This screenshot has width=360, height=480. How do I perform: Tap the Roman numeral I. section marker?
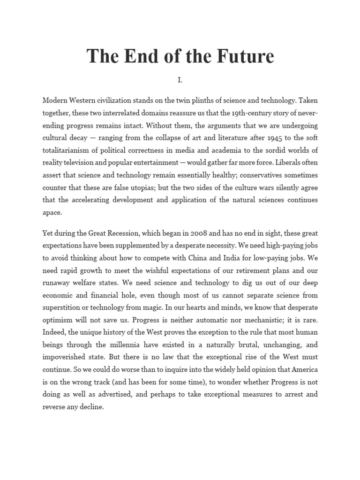coord(180,80)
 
